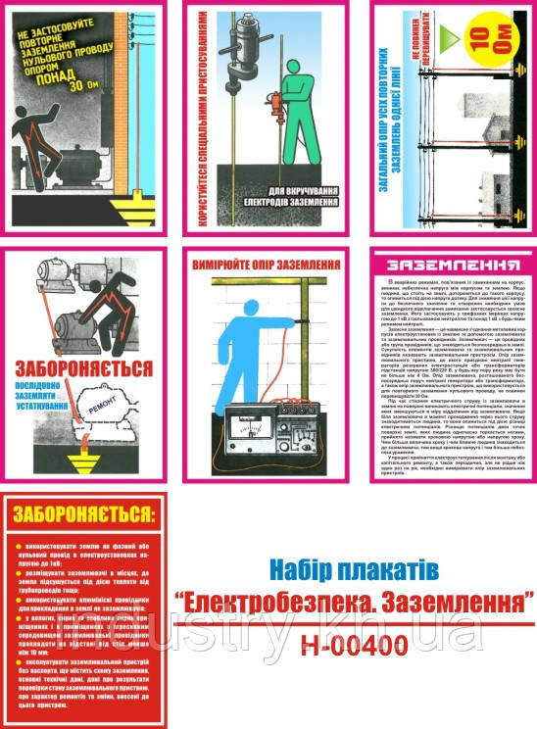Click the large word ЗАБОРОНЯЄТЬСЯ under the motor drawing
tap(82, 368)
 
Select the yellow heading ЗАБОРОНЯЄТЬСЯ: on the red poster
tap(83, 514)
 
